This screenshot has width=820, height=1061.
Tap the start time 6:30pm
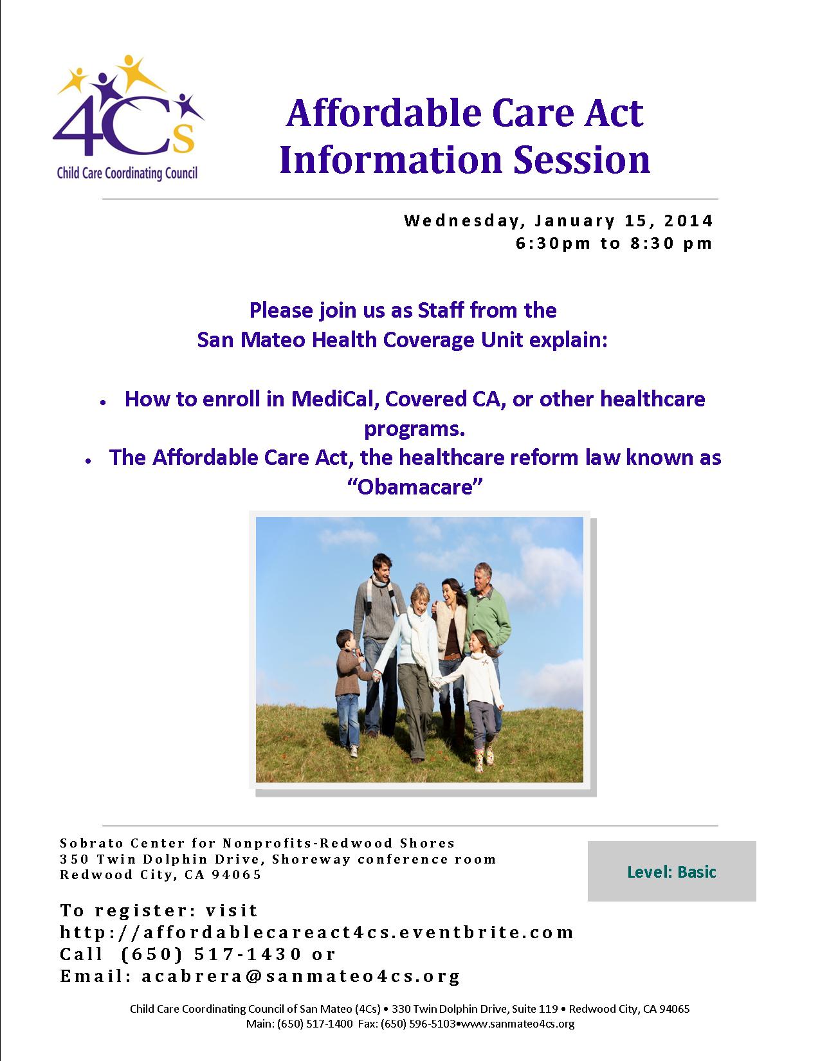pos(553,243)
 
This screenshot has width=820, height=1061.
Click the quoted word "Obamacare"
pos(415,487)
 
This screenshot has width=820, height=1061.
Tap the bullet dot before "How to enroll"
pos(103,403)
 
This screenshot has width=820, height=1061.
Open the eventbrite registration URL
pos(316,932)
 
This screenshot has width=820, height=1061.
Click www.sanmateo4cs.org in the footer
pos(518,1024)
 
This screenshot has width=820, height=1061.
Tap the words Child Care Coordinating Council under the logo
pos(127,174)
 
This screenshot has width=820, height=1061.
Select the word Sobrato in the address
pos(88,843)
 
